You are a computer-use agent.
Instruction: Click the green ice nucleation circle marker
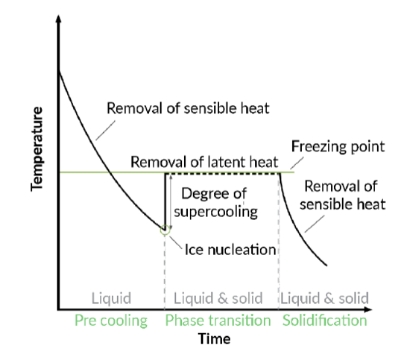[165, 230]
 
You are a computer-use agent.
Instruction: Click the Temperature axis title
[37, 149]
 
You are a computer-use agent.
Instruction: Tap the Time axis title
[214, 339]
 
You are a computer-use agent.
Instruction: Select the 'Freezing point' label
[338, 147]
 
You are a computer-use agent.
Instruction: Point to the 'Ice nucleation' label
[230, 250]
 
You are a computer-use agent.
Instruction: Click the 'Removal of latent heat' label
[205, 162]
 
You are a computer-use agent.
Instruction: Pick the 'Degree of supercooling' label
[216, 203]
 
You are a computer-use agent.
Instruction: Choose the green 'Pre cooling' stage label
[111, 321]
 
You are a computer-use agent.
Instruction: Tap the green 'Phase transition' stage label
[218, 321]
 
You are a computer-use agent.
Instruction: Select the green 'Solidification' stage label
[324, 321]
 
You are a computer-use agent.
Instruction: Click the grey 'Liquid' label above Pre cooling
[111, 298]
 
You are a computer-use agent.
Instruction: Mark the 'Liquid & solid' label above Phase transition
[218, 298]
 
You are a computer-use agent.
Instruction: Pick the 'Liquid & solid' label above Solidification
[324, 298]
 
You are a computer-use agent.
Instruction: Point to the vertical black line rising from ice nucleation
[165, 201]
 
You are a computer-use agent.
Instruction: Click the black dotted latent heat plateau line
[222, 173]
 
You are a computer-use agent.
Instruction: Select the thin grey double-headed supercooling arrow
[170, 202]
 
